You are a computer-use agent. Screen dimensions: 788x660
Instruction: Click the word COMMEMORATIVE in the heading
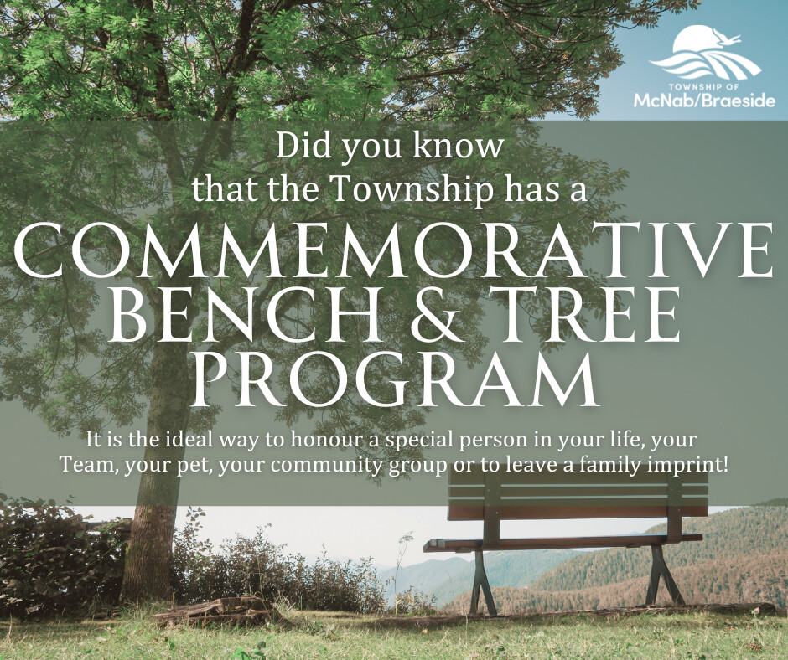tap(393, 250)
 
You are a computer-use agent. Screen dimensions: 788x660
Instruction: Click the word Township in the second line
tap(412, 190)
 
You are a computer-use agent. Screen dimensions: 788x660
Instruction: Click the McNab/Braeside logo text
tap(704, 101)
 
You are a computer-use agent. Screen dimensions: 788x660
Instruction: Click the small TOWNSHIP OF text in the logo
tap(704, 85)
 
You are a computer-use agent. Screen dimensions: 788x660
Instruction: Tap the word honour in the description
tap(327, 440)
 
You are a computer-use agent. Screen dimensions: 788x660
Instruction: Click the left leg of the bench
tap(481, 583)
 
